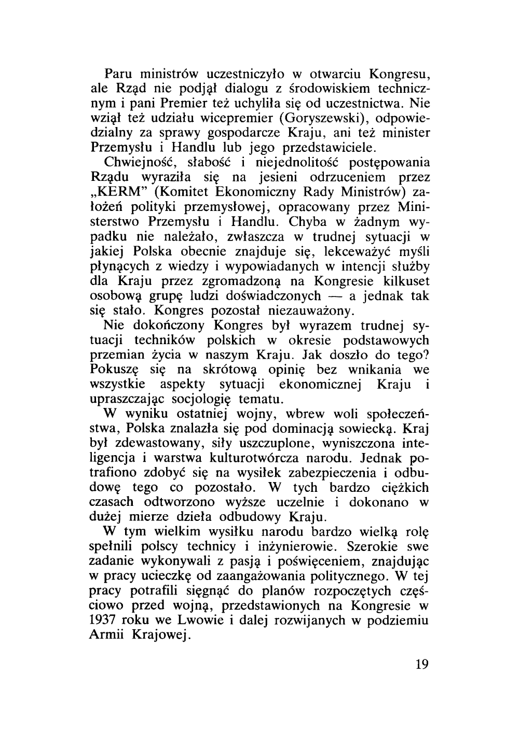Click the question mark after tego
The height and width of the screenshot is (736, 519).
(425, 355)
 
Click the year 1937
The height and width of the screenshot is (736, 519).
(104, 620)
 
